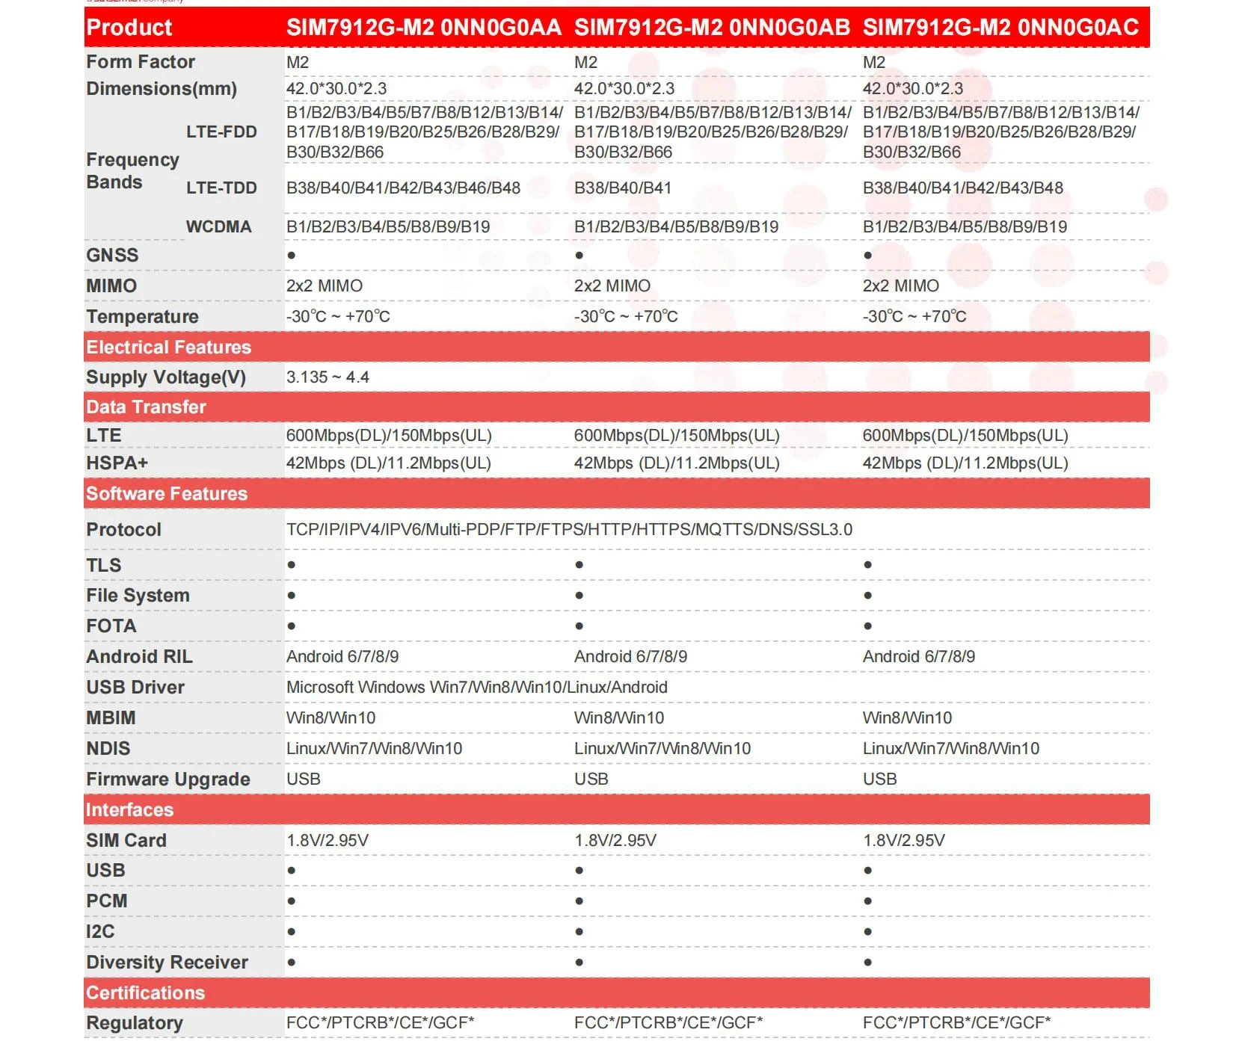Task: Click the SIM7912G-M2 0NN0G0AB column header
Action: (x=711, y=28)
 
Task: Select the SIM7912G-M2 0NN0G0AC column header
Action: (x=1000, y=28)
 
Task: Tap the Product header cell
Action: (x=129, y=28)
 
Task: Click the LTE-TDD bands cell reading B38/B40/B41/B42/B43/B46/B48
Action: (x=403, y=188)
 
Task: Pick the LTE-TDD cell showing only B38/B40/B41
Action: (x=622, y=188)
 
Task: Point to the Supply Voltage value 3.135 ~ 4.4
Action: (x=328, y=377)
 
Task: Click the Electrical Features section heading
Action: (x=168, y=348)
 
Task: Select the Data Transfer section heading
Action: (x=146, y=407)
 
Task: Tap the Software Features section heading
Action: (x=166, y=494)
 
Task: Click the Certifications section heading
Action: (x=145, y=993)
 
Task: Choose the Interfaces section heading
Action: (x=129, y=810)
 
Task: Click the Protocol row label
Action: (x=123, y=530)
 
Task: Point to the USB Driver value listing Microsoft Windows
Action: (x=476, y=688)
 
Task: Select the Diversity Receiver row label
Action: (x=167, y=963)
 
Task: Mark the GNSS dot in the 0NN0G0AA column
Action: (x=292, y=256)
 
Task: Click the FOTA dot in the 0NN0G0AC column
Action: (x=867, y=626)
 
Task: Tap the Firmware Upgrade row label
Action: (x=167, y=779)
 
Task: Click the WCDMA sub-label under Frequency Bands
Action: (x=218, y=227)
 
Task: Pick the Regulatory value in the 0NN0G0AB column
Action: (x=668, y=1023)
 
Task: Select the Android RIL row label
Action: (x=139, y=657)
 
